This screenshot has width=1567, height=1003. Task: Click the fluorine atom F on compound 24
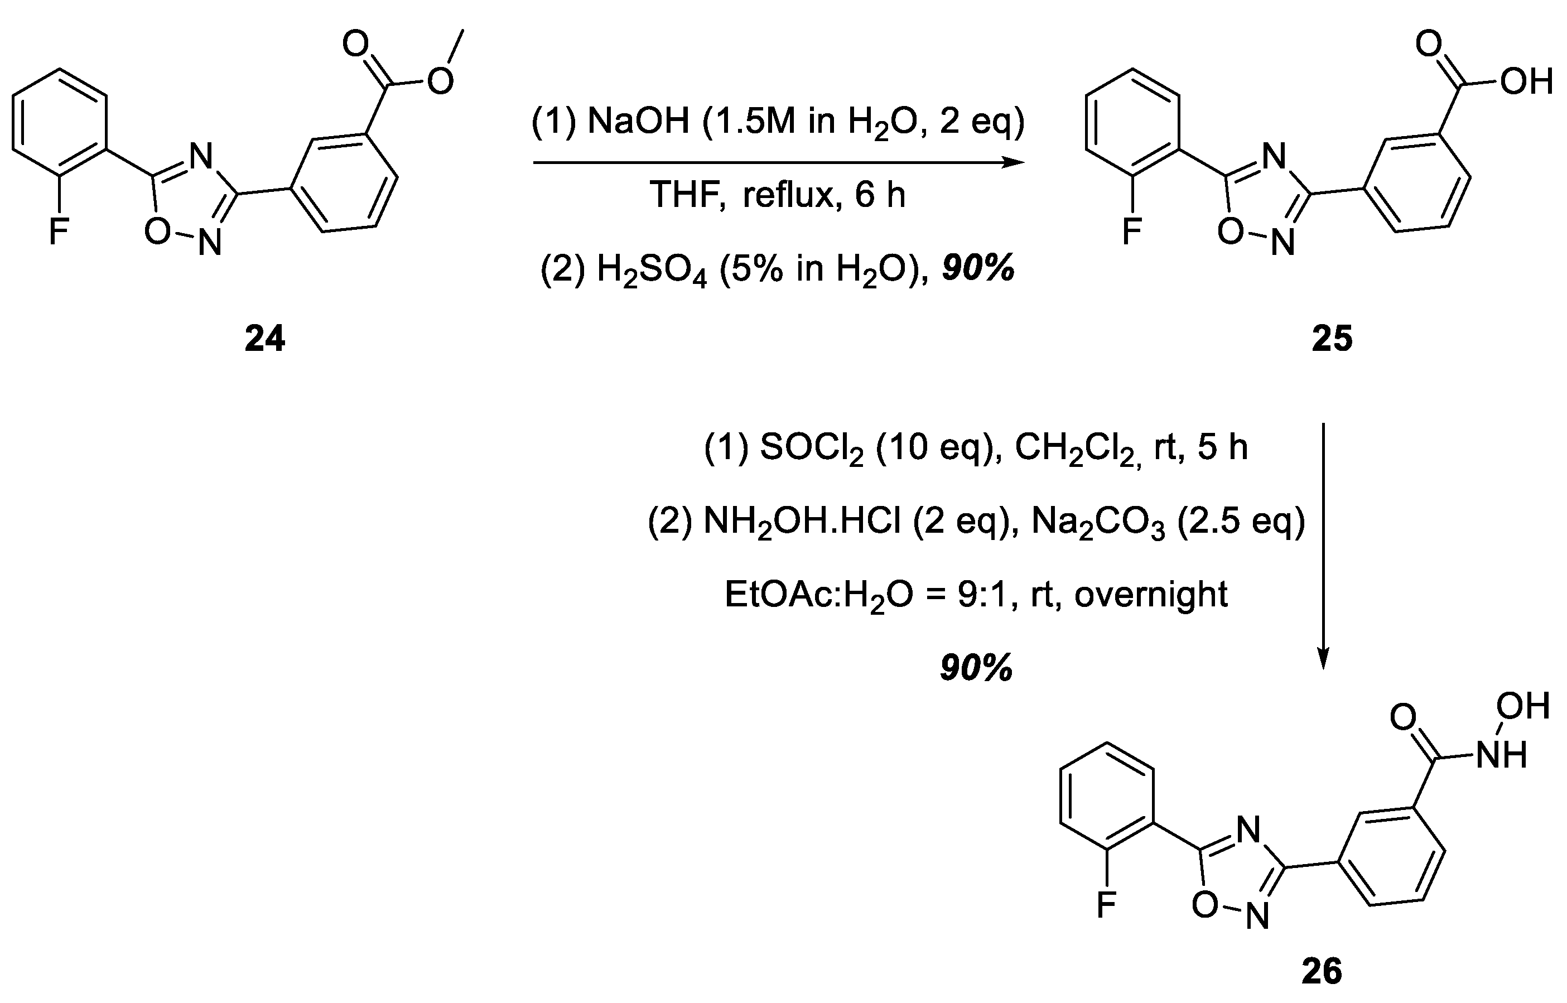click(59, 231)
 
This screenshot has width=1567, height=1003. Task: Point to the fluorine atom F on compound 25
click(1132, 231)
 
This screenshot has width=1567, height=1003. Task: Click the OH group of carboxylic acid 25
click(1527, 82)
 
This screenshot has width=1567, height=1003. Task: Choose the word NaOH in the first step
click(638, 122)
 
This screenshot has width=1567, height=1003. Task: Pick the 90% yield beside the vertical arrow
click(976, 668)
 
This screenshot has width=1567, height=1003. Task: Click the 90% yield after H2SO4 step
click(978, 268)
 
